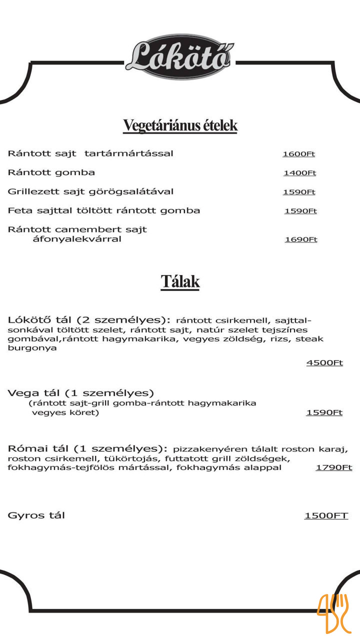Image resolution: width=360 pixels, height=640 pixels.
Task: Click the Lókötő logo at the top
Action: tap(179, 57)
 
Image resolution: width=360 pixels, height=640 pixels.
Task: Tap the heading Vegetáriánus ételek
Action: tap(180, 125)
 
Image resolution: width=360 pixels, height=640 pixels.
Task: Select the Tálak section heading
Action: tap(180, 281)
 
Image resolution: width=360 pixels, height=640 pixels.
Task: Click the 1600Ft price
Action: tap(298, 154)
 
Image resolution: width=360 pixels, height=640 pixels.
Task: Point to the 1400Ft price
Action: tap(299, 173)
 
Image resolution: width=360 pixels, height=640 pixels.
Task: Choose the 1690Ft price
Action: tap(301, 239)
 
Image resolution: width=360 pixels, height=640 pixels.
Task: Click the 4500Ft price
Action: tap(324, 362)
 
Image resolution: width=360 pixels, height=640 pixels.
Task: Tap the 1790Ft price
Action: tap(333, 467)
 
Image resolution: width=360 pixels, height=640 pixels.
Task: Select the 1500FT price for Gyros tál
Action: tap(326, 515)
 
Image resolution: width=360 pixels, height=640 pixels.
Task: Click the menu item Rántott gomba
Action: tap(51, 172)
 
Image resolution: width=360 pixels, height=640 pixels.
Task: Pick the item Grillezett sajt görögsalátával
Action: tap(91, 191)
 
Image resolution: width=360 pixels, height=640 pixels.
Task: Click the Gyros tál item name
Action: tap(36, 515)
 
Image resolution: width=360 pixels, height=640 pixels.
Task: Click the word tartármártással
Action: tap(129, 153)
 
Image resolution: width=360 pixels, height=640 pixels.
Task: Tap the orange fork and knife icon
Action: tap(334, 613)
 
